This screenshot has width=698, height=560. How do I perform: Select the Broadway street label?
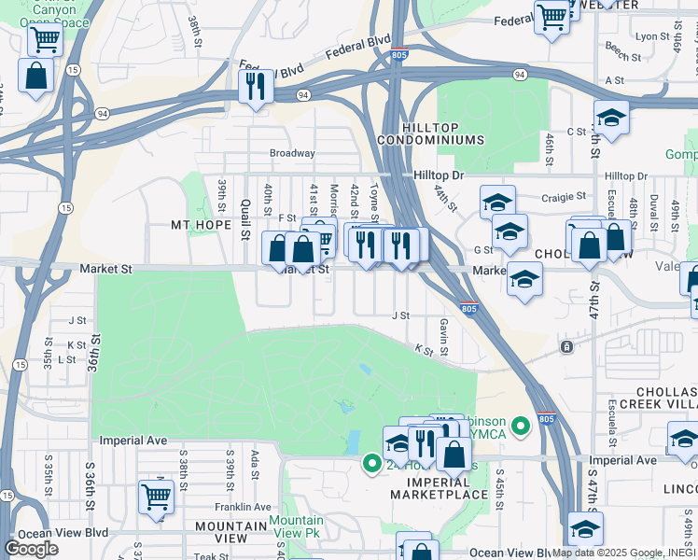292,153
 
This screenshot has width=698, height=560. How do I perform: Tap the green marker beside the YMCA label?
522,427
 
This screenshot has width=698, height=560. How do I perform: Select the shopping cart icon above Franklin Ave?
155,497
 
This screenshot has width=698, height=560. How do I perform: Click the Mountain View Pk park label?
296,527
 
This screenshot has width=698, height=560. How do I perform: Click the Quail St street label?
245,219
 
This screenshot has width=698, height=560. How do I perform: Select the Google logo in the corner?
31,549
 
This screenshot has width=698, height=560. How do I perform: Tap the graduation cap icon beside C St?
611,118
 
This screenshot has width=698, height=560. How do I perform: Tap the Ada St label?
254,464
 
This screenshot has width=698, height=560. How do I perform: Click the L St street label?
66,359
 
